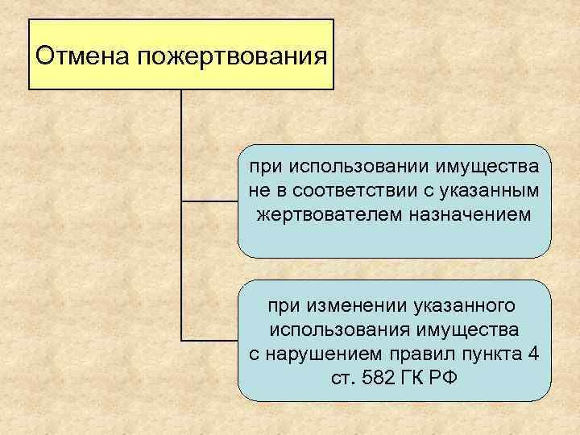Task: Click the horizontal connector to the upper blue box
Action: tap(210, 201)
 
